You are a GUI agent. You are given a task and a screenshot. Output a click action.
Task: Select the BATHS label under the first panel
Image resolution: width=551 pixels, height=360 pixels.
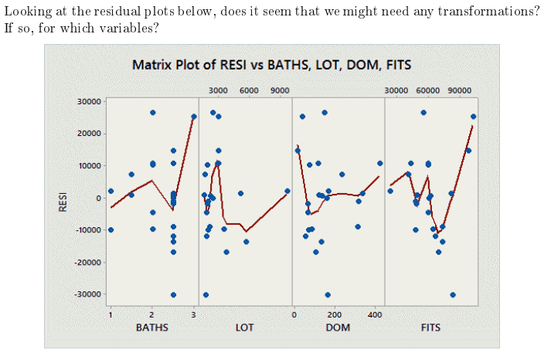151,328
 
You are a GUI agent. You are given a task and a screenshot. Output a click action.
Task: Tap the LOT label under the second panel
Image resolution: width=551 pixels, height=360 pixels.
244,328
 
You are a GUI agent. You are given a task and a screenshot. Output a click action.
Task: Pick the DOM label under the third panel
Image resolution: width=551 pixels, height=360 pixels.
338,328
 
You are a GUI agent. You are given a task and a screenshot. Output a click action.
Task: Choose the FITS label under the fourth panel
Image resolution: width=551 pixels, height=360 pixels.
430,328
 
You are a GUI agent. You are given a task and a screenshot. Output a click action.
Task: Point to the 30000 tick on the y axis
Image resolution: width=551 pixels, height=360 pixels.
90,101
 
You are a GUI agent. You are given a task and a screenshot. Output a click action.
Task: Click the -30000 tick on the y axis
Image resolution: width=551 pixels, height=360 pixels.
88,294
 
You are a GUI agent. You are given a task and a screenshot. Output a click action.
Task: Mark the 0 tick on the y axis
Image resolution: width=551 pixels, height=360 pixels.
98,198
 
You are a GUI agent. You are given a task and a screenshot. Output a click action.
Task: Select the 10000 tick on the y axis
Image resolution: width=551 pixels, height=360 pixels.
90,165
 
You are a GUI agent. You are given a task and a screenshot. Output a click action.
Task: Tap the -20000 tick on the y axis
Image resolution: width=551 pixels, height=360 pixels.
88,262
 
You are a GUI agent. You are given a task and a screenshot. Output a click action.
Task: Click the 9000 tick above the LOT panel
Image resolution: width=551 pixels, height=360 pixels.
280,90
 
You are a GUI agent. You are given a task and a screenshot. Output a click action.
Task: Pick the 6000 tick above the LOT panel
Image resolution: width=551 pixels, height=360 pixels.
249,90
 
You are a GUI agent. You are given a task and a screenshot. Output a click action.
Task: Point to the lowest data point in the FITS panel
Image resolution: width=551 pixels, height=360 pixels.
453,294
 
